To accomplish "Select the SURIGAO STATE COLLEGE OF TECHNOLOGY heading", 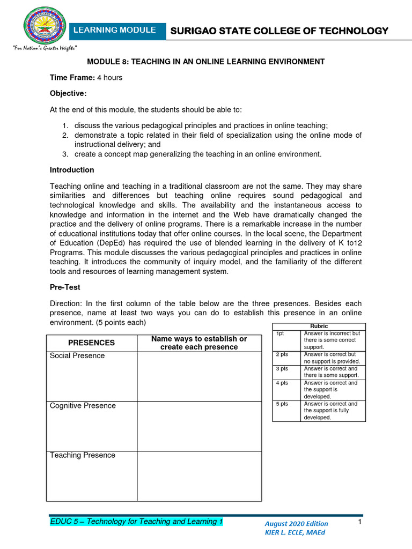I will pos(279,31).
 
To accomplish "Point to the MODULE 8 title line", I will pos(206,62).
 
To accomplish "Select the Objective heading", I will pos(68,94).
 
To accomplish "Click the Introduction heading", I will pos(72,170).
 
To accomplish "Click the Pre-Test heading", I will pos(65,288).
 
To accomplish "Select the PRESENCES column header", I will pos(91,343).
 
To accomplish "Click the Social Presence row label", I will pos(77,356).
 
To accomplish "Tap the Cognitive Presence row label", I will pos(83,406).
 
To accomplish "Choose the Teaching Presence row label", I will pos(83,455).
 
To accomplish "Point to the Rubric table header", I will pos(319,326).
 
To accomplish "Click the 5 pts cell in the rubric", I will pos(282,404).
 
